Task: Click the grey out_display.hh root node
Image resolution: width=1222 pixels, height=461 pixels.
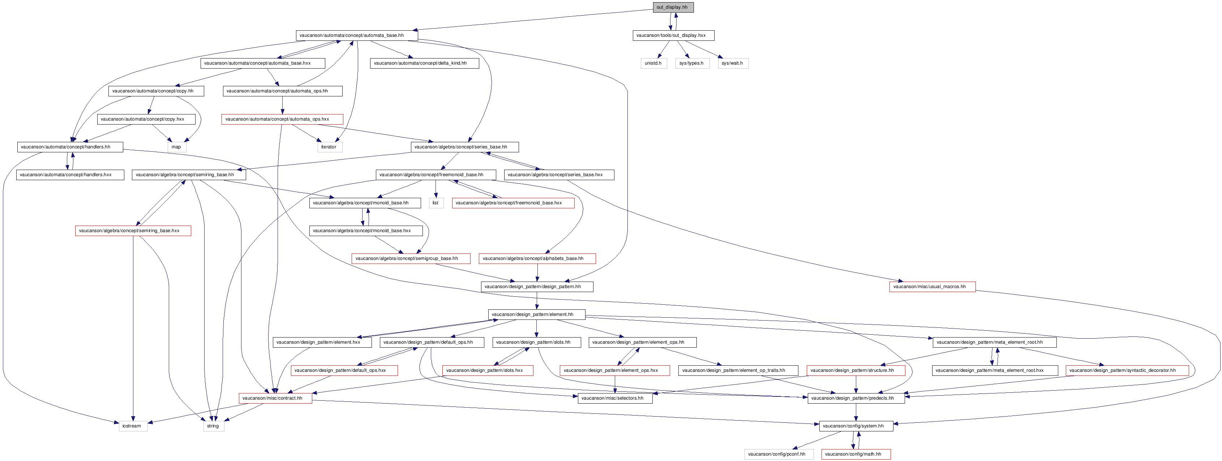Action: pyautogui.click(x=673, y=7)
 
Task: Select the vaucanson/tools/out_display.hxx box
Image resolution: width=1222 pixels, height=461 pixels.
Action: pyautogui.click(x=673, y=35)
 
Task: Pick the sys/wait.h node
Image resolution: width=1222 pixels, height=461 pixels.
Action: pyautogui.click(x=733, y=63)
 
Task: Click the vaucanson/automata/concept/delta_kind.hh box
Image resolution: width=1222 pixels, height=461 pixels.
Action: pyautogui.click(x=424, y=63)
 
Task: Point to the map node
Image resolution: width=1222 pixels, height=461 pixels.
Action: pyautogui.click(x=176, y=147)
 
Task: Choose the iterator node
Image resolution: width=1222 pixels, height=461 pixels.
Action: pyautogui.click(x=330, y=147)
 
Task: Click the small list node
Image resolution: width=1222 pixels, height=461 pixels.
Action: pyautogui.click(x=436, y=203)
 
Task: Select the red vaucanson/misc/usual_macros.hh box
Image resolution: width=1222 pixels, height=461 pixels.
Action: pyautogui.click(x=932, y=287)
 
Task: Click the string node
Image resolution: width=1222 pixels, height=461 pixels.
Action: pyautogui.click(x=214, y=426)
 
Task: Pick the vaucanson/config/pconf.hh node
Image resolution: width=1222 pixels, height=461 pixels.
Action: pyautogui.click(x=779, y=454)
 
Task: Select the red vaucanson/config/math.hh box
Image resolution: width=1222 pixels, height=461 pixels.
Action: pyautogui.click(x=856, y=454)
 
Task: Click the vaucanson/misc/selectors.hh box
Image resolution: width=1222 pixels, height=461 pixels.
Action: pyautogui.click(x=615, y=398)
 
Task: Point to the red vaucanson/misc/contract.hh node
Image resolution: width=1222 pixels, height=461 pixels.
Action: pyautogui.click(x=275, y=398)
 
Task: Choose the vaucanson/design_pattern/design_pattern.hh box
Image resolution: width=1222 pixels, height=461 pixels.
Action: pyautogui.click(x=537, y=287)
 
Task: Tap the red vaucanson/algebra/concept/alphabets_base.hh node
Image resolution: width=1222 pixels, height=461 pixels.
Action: pyautogui.click(x=537, y=259)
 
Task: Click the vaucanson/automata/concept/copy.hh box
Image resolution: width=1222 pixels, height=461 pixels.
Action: pyautogui.click(x=156, y=91)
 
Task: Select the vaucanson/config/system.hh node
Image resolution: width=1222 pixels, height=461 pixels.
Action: pyautogui.click(x=856, y=426)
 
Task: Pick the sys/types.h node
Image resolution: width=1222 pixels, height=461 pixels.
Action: pyautogui.click(x=692, y=63)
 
